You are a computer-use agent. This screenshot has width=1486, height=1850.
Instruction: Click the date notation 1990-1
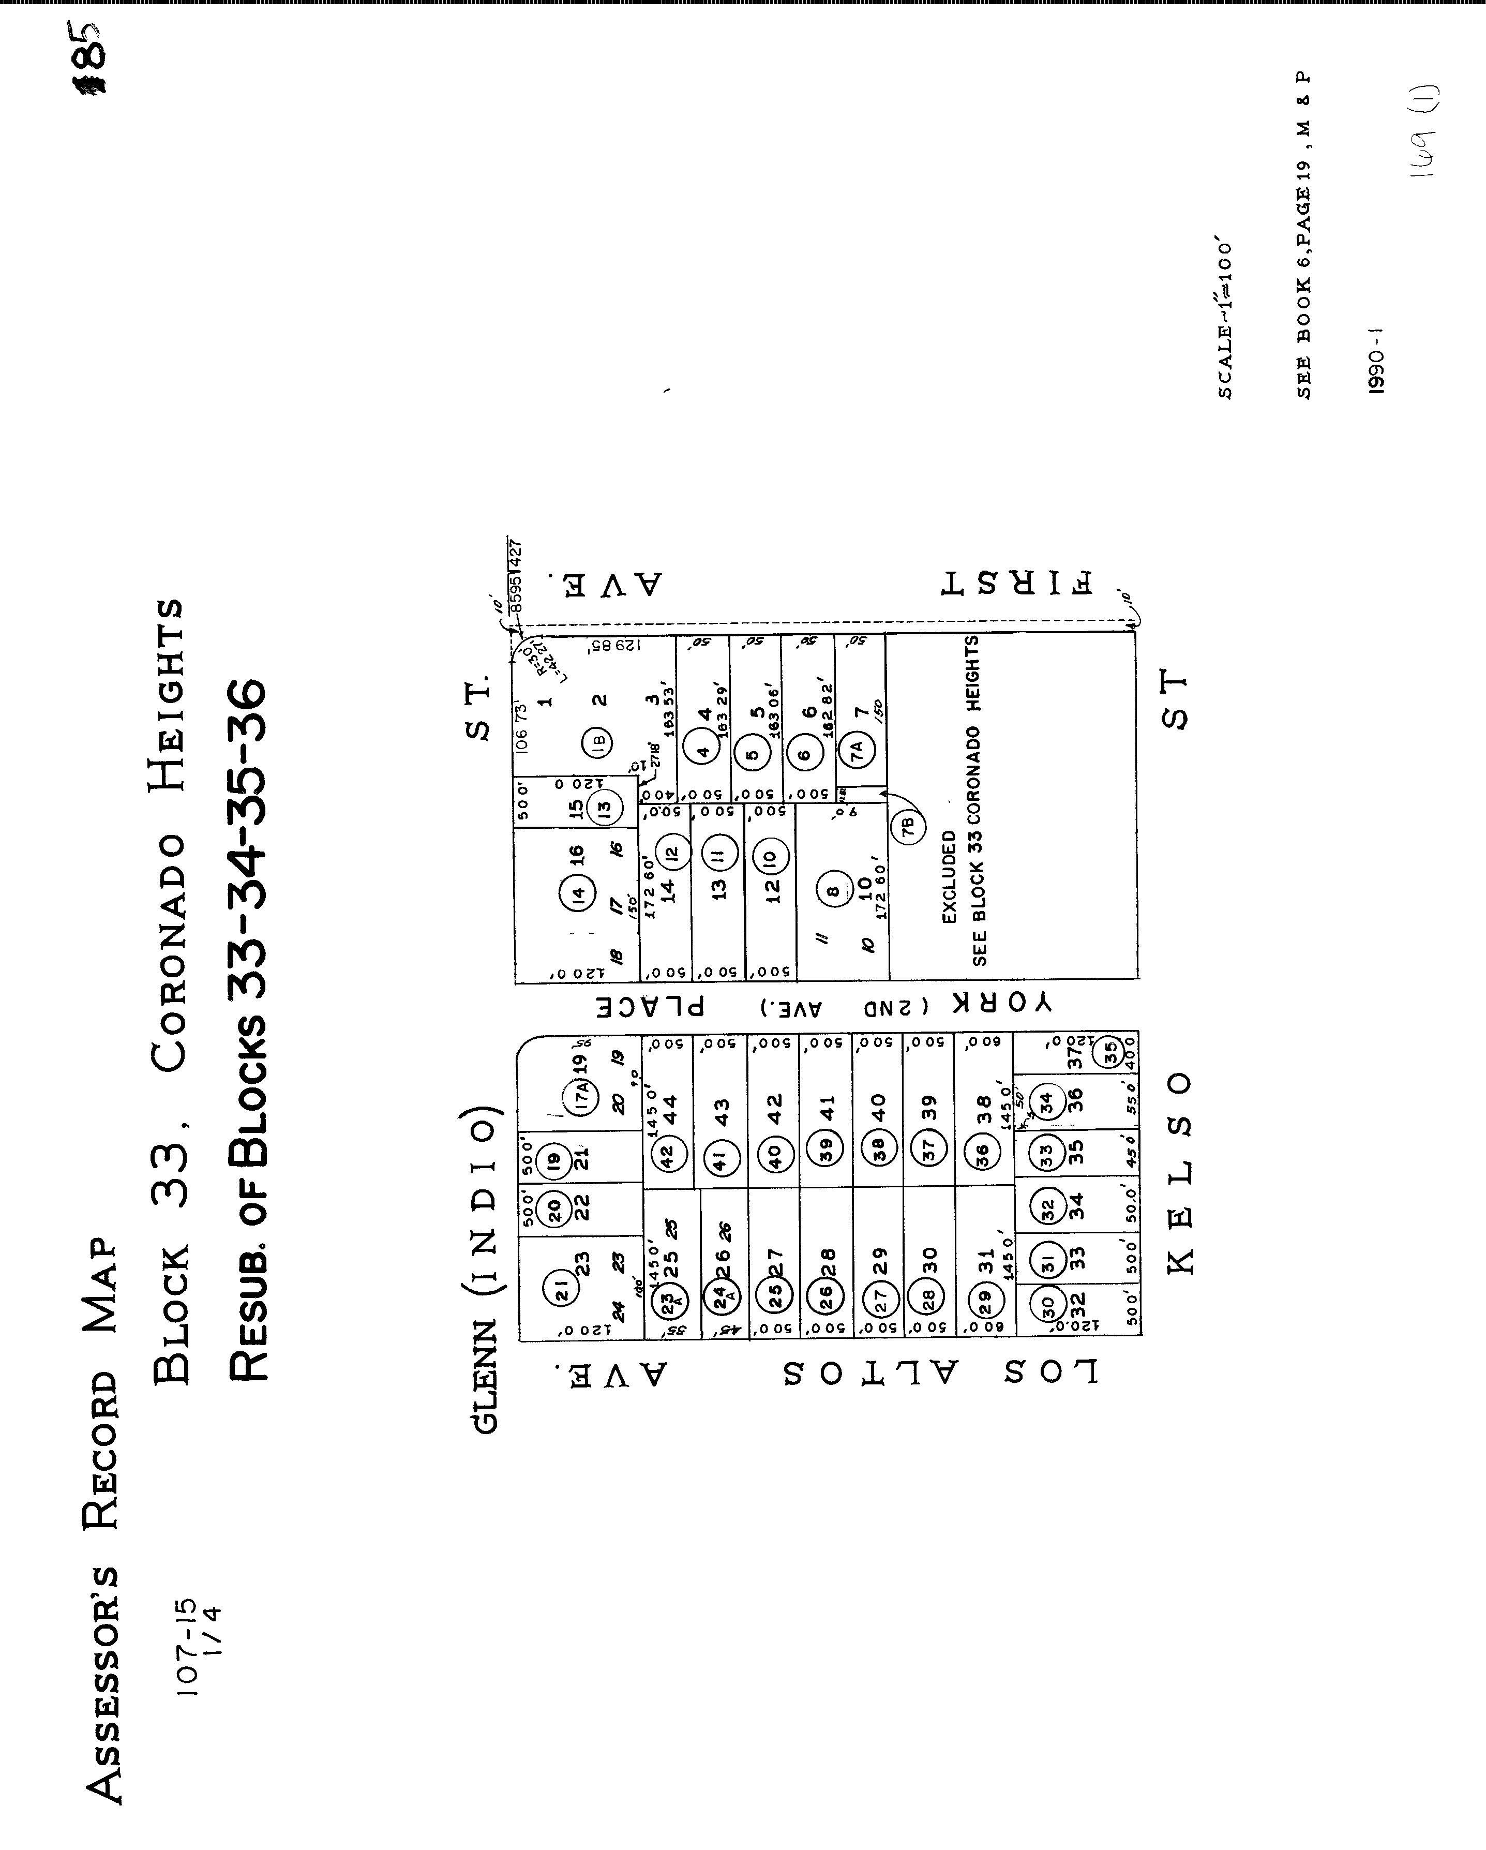[1376, 361]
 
